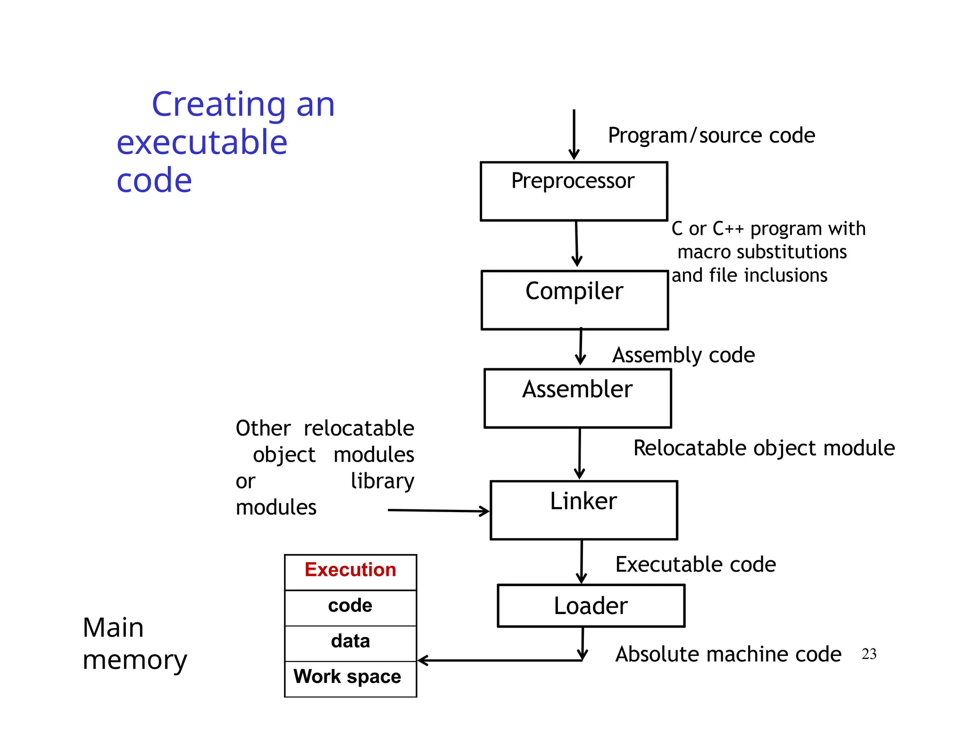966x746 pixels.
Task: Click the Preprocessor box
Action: pos(574,191)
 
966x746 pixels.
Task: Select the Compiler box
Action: pos(575,300)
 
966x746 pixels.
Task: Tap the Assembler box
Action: pos(577,398)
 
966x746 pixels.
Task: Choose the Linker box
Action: pos(583,510)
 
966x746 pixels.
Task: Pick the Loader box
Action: pos(591,605)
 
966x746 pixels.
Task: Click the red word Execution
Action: pos(350,570)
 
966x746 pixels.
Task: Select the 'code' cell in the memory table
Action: pos(350,606)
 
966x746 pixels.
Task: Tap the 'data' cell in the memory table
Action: pos(350,641)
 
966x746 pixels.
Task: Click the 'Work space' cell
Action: pos(348,677)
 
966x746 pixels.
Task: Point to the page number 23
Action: pos(869,654)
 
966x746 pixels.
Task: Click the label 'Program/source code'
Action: pos(711,136)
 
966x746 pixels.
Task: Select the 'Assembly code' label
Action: pos(683,355)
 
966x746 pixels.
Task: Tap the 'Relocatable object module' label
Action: pos(764,448)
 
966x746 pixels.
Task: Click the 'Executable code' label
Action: pos(695,564)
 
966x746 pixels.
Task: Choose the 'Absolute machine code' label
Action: pos(728,655)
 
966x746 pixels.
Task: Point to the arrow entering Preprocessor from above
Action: pos(574,134)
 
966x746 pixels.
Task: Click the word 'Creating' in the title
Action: pos(218,105)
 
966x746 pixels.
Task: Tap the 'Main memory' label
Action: pos(134,644)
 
